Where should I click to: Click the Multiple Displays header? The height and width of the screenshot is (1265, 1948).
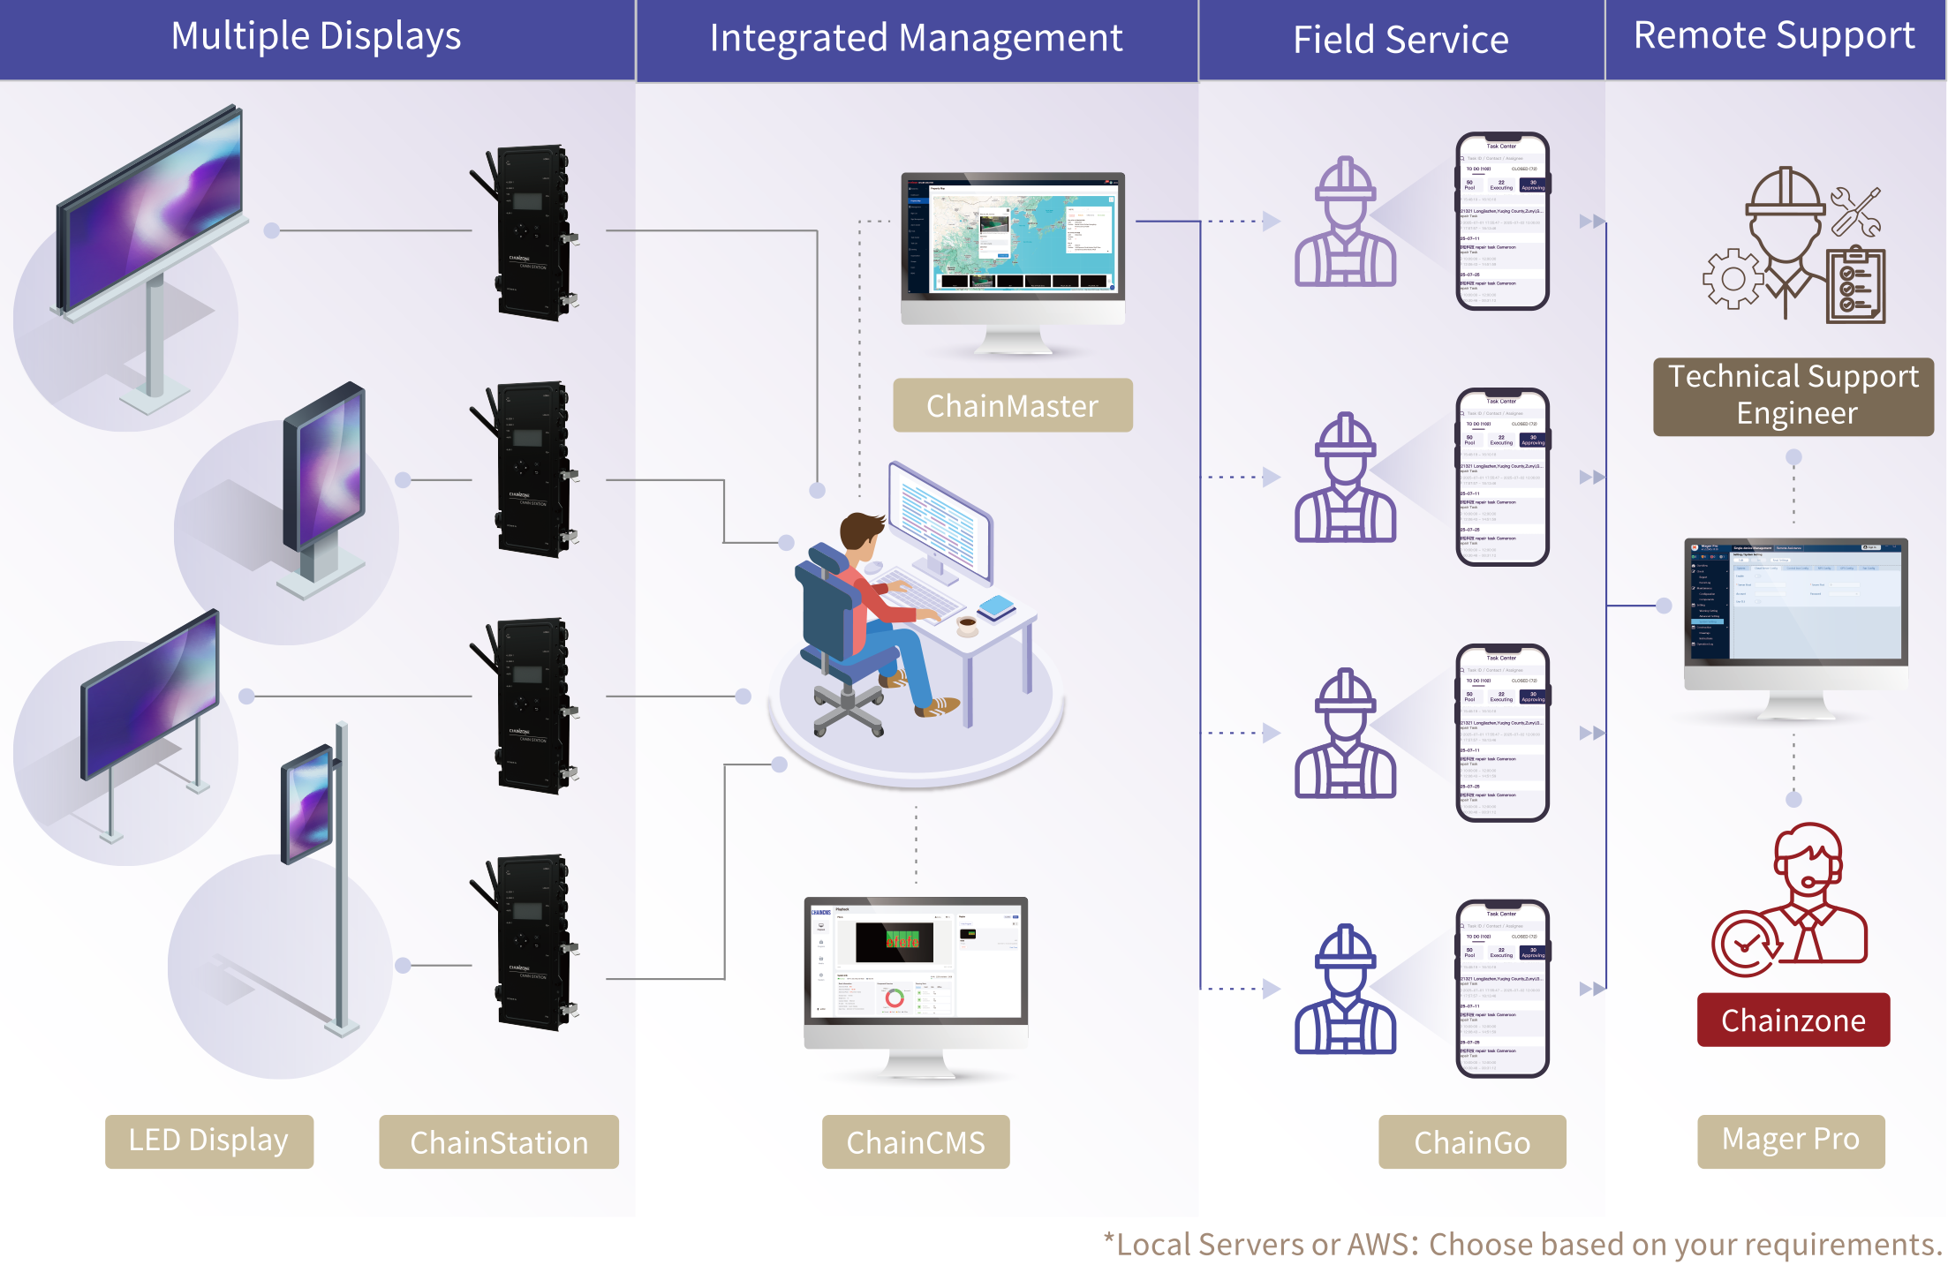pyautogui.click(x=315, y=37)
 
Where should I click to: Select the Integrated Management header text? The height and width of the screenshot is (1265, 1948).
pyautogui.click(x=916, y=39)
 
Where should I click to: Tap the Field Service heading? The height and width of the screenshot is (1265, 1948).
pyautogui.click(x=1401, y=41)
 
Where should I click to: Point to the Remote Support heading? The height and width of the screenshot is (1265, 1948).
pyautogui.click(x=1774, y=36)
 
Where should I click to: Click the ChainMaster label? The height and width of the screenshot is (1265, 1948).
pyautogui.click(x=1012, y=406)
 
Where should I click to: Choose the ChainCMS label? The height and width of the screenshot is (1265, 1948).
pyautogui.click(x=915, y=1142)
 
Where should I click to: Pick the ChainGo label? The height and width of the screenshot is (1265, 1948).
pyautogui.click(x=1471, y=1142)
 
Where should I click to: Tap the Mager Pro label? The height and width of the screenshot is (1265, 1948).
pyautogui.click(x=1790, y=1140)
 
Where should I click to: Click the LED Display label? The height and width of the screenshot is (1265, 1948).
pyautogui.click(x=208, y=1141)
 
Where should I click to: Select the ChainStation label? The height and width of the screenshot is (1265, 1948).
pyautogui.click(x=499, y=1142)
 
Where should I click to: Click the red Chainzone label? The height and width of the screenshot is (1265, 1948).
pyautogui.click(x=1793, y=1020)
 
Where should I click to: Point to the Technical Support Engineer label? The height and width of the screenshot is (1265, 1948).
pyautogui.click(x=1793, y=395)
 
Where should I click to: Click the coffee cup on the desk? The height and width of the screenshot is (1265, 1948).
pyautogui.click(x=968, y=625)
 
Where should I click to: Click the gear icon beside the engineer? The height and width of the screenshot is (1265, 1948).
pyautogui.click(x=1733, y=279)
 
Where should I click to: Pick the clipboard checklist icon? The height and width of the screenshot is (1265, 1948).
pyautogui.click(x=1855, y=286)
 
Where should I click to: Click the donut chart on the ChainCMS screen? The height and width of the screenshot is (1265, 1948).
pyautogui.click(x=895, y=998)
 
